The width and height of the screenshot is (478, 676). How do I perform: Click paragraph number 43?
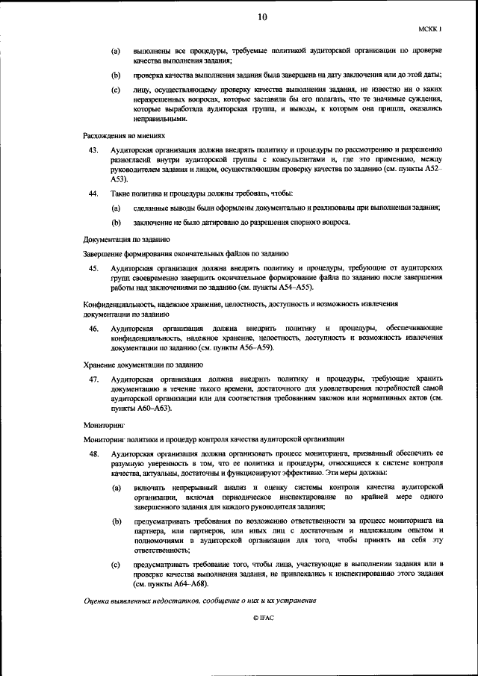pyautogui.click(x=93, y=151)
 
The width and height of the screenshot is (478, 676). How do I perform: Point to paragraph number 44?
pyautogui.click(x=93, y=193)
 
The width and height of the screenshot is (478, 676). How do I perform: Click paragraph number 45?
pyautogui.click(x=93, y=267)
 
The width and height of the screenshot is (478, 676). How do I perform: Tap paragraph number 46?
pyautogui.click(x=93, y=329)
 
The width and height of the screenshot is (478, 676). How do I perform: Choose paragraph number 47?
pyautogui.click(x=93, y=379)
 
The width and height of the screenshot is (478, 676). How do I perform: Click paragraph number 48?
pyautogui.click(x=93, y=453)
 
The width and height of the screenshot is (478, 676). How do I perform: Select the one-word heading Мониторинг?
pyautogui.click(x=104, y=424)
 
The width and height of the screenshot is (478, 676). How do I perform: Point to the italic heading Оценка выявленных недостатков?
pyautogui.click(x=200, y=601)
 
